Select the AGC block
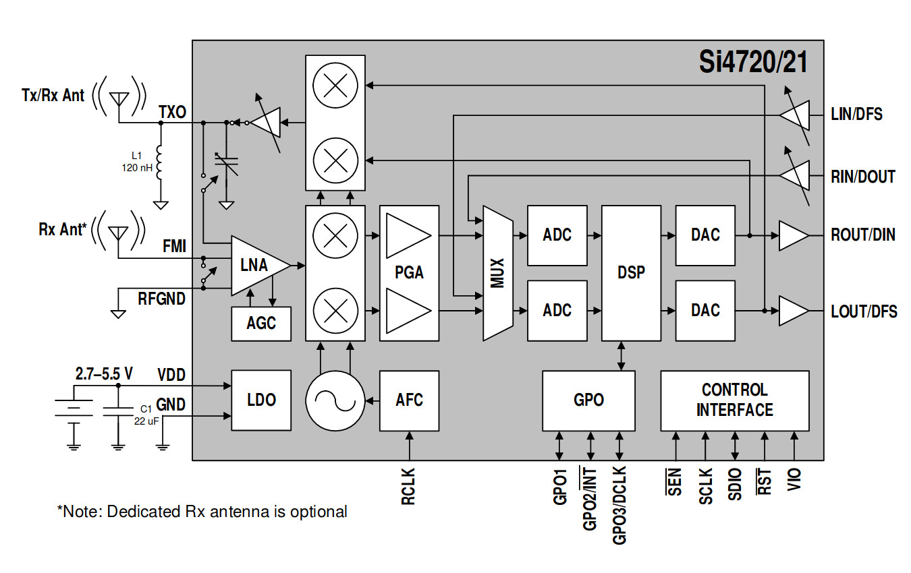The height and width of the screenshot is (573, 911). click(261, 323)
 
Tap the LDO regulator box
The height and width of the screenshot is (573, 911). click(261, 400)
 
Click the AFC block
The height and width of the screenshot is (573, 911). click(409, 400)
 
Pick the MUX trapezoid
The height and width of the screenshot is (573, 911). click(498, 272)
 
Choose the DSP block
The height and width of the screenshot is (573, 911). click(631, 272)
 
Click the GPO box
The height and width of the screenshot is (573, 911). click(588, 400)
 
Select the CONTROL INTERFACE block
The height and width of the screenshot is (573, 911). click(734, 400)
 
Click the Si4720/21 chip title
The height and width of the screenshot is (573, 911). click(752, 63)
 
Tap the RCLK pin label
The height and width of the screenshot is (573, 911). click(408, 487)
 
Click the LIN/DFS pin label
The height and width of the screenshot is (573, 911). click(856, 115)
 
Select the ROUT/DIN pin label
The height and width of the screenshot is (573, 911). click(863, 235)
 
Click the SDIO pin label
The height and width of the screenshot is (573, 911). click(735, 483)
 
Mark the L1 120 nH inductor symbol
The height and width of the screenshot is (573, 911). click(160, 164)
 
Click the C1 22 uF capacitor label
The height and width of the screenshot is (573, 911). click(145, 415)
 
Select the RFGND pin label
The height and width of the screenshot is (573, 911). click(161, 298)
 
